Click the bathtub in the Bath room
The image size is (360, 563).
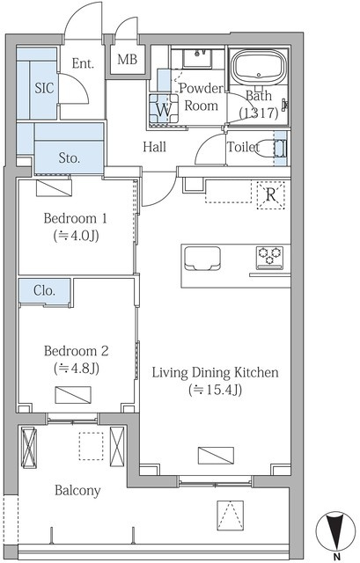click(259, 67)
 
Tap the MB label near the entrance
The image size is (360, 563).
click(127, 59)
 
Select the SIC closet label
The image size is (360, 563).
click(44, 88)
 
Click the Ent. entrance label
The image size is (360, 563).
click(83, 63)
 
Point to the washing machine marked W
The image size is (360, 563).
click(164, 109)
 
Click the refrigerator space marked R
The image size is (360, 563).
click(271, 195)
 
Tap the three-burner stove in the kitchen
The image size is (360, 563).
click(269, 257)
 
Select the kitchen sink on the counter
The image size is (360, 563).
click(202, 259)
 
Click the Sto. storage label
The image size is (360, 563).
click(69, 157)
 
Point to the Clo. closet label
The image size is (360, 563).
click(44, 290)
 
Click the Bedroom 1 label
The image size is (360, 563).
click(75, 218)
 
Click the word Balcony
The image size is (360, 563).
click(77, 491)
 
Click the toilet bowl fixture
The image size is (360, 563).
click(268, 148)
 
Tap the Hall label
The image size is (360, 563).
click(155, 147)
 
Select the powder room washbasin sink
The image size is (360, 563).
click(197, 59)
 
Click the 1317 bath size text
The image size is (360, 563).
click(259, 113)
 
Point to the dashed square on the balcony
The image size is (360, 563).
click(91, 446)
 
